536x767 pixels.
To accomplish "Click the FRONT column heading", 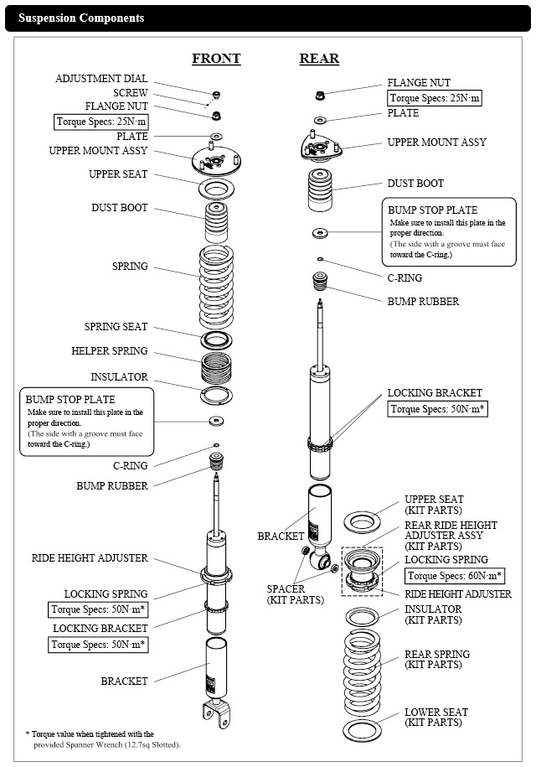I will [x=216, y=59].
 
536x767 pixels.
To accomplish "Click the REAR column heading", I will [x=319, y=59].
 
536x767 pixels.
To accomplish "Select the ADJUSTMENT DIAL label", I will [x=101, y=79].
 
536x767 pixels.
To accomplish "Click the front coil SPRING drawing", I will [x=216, y=285].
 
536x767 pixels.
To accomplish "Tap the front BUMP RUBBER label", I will [x=112, y=485].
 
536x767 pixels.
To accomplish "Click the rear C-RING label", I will [x=405, y=277].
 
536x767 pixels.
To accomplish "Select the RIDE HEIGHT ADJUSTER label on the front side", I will [x=90, y=557].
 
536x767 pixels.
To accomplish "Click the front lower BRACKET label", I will [x=124, y=681].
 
